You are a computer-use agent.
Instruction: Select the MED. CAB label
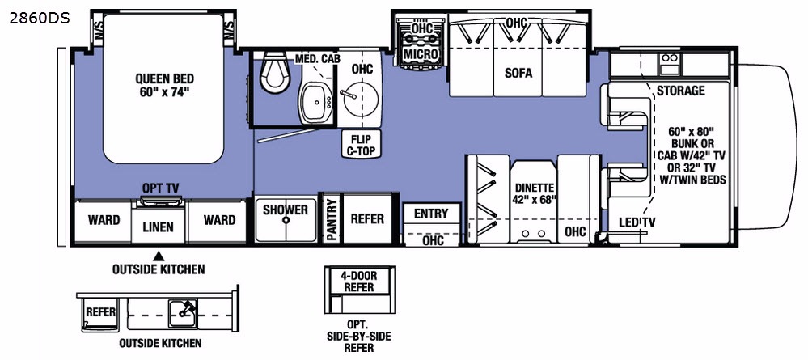(x=316, y=59)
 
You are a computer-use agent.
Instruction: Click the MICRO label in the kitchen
(x=422, y=53)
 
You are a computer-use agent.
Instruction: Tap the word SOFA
(x=518, y=73)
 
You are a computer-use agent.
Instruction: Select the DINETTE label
(x=534, y=191)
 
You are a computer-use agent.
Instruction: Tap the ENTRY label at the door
(x=430, y=214)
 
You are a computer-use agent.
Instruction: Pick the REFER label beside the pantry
(x=366, y=218)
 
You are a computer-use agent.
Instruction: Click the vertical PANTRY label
(x=331, y=218)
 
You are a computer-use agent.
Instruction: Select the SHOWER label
(x=285, y=210)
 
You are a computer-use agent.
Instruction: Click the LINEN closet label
(x=159, y=227)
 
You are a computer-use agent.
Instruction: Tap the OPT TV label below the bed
(x=160, y=188)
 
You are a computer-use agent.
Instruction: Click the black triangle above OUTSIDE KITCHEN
(x=159, y=255)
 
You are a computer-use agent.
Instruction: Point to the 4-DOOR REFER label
(x=357, y=281)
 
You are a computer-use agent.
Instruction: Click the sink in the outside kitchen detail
(x=181, y=308)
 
